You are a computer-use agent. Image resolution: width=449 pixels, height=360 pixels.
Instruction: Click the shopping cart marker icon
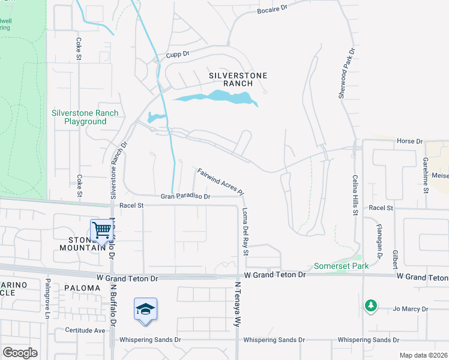point(102,229)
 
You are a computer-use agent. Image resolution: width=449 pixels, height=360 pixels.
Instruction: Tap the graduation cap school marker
point(145,309)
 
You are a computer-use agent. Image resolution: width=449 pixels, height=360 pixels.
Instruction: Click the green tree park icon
point(371,306)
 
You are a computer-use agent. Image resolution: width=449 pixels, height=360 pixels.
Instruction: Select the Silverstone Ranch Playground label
point(85,117)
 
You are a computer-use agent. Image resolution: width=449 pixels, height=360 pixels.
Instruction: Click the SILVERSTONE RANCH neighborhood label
point(238,80)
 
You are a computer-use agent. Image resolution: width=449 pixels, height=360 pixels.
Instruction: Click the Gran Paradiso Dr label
point(185,196)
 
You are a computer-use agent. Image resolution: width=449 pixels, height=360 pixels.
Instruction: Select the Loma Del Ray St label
point(245,232)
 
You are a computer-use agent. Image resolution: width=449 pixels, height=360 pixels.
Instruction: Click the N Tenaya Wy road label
point(238,304)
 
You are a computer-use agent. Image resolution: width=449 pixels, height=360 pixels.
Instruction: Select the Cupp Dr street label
point(178,54)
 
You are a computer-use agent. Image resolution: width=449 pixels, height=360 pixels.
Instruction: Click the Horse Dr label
point(409,141)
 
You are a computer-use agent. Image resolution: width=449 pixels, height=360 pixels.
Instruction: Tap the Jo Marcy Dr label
point(411,309)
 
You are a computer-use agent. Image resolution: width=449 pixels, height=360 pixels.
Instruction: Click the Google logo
point(20,352)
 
